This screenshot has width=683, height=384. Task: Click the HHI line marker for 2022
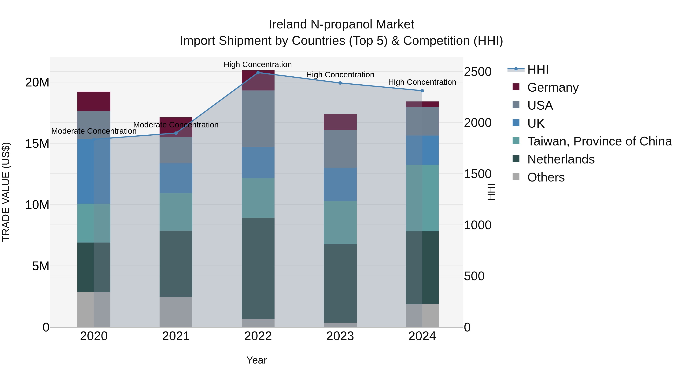(258, 73)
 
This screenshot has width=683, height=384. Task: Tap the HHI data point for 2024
(422, 91)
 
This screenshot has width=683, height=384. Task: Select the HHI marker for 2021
(176, 133)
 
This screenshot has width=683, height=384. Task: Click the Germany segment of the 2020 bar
(94, 101)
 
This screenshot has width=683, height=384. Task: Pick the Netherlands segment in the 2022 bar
(258, 268)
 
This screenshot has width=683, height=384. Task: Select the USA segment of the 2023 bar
(340, 149)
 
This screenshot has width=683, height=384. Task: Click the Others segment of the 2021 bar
(176, 312)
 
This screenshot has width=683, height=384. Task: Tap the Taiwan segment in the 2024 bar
(422, 198)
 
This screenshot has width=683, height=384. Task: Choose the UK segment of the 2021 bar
(176, 178)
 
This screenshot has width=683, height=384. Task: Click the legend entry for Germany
(553, 87)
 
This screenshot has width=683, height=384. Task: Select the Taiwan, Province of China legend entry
(599, 141)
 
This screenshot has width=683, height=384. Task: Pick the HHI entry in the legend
(538, 69)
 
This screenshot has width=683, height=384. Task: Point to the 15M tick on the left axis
(37, 144)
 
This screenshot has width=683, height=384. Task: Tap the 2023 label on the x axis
(340, 336)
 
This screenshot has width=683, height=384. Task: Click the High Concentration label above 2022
(257, 64)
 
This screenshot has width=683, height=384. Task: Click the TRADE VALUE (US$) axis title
(6, 192)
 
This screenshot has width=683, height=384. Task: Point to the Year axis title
(256, 360)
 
